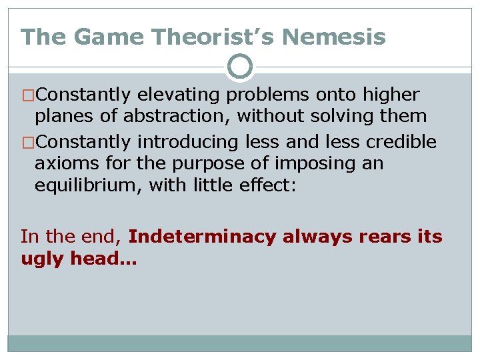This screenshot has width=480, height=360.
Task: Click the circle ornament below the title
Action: [240, 67]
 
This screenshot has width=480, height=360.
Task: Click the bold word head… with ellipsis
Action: [102, 258]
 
